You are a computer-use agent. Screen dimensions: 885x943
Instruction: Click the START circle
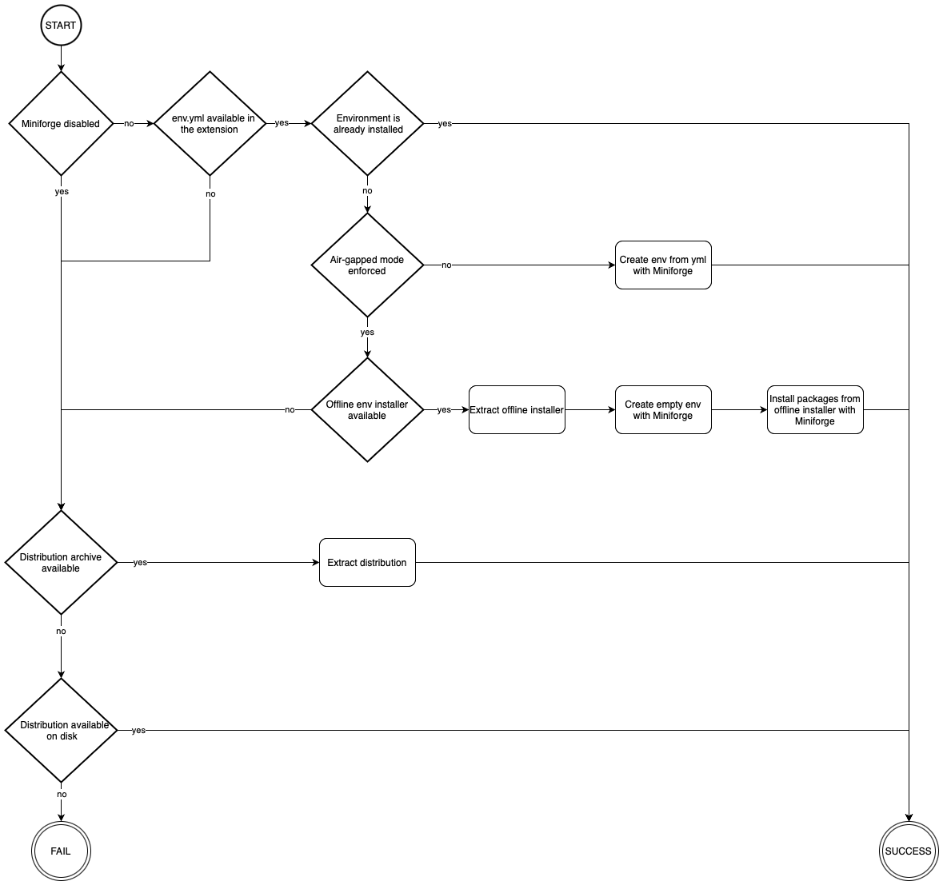pos(61,26)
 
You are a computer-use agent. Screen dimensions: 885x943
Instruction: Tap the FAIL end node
pos(61,851)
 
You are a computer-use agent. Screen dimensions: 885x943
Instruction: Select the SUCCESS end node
pos(908,851)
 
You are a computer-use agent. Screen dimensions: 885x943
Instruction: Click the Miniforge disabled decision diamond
pos(61,124)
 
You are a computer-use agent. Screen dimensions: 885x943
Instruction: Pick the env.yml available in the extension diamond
pos(210,124)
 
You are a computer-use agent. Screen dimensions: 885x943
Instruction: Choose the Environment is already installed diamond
pos(367,124)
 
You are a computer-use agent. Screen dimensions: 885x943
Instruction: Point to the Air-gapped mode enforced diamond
pos(367,265)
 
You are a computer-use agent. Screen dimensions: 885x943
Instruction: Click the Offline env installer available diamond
pos(367,409)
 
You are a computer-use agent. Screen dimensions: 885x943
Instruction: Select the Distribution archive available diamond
pos(61,562)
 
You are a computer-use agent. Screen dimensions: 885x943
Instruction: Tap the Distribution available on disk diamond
pos(61,730)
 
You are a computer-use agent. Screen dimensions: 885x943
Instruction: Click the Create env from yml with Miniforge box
pos(663,265)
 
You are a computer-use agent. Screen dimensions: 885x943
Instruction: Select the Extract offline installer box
pos(517,410)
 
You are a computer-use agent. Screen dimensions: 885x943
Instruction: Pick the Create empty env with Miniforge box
pos(663,410)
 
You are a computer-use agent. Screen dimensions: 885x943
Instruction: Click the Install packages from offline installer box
pos(815,410)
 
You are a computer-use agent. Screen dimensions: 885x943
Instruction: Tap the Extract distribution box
pos(367,562)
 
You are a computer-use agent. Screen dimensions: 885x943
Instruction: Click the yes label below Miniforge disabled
pos(62,192)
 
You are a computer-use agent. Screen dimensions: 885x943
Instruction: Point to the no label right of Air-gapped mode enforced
pos(446,265)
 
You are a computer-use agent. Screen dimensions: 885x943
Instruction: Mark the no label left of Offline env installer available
pos(290,410)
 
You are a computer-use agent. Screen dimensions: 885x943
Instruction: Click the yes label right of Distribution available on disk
pos(138,731)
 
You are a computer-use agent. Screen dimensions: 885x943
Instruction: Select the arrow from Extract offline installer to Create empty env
pos(590,410)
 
